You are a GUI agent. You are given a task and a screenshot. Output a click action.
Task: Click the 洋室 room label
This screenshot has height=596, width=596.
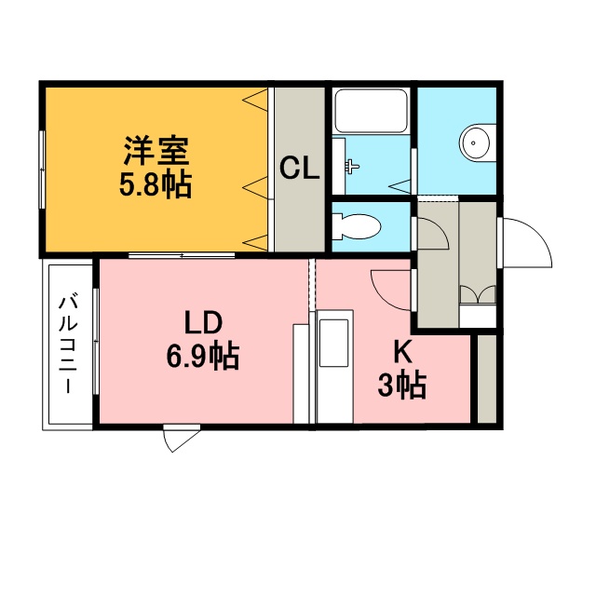156,150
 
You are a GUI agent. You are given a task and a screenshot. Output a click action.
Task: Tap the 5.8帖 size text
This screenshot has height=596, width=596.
156,184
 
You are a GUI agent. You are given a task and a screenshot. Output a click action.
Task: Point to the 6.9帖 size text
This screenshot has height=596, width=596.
203,356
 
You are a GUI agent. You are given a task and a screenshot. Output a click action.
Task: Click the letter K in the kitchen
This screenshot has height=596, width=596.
402,352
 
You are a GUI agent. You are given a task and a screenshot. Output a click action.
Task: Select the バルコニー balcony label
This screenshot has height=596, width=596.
68,345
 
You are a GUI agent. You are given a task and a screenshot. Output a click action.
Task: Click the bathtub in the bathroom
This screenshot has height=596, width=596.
371,111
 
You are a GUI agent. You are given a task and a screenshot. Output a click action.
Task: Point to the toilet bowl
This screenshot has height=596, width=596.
357,226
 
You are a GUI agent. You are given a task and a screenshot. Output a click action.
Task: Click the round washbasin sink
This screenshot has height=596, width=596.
477,142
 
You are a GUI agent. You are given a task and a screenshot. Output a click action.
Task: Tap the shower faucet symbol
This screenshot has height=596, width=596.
352,166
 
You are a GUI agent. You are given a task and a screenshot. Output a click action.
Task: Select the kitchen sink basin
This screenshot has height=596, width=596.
333,343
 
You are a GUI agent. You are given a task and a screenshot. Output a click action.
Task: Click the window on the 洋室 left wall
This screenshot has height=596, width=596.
42,169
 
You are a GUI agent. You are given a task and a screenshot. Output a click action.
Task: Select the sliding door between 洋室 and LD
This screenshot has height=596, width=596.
182,255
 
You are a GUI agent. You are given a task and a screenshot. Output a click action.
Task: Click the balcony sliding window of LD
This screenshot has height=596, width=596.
96,342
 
